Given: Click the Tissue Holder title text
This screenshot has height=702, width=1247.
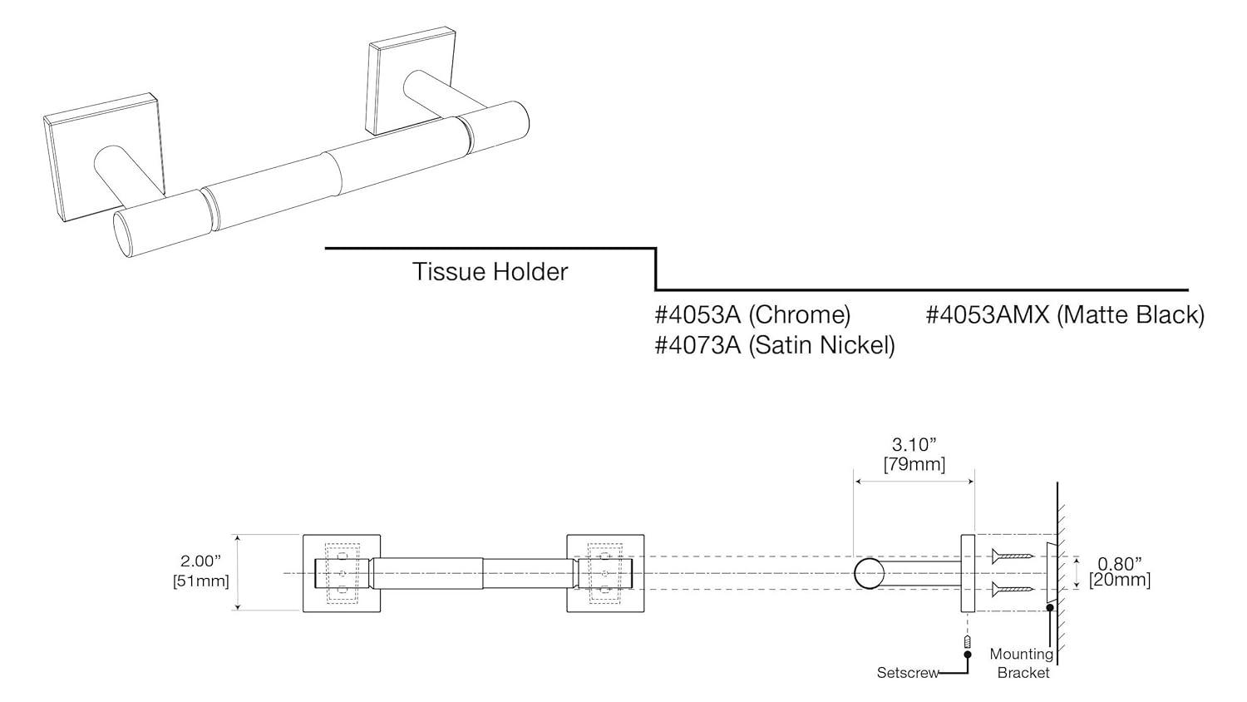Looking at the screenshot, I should point(490,272).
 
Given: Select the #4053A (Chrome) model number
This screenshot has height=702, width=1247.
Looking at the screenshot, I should point(752,315).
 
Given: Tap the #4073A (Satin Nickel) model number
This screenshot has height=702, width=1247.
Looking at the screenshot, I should point(775,345).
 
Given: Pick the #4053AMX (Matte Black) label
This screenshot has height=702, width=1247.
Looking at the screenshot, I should point(1065,315).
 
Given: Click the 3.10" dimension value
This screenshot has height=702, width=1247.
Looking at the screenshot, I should point(914,445).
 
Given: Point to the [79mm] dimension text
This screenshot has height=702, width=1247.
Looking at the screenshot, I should point(914,464).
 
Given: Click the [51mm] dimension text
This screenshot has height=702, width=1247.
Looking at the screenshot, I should point(200,581).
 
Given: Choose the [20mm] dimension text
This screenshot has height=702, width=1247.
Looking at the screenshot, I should point(1119,581).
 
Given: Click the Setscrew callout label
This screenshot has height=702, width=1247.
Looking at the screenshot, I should point(908,672).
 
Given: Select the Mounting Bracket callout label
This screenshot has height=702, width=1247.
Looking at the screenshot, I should point(1022,664).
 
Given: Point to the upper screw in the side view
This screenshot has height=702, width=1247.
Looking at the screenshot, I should point(1012,555).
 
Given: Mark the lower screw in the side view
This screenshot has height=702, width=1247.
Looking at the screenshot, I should point(1012,591).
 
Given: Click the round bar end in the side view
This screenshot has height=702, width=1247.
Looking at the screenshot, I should point(868,574).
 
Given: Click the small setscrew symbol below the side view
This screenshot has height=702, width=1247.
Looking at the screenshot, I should point(967,642).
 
